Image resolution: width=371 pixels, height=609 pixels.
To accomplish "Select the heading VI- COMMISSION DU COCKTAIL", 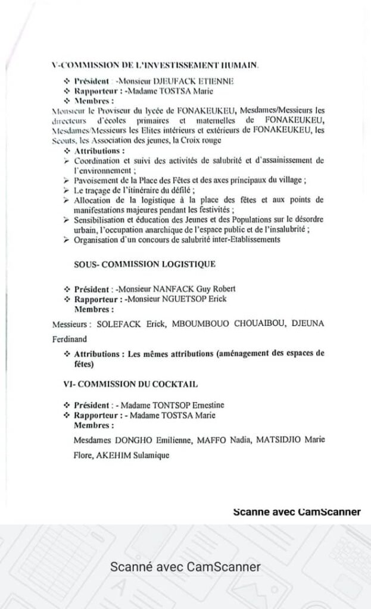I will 130,384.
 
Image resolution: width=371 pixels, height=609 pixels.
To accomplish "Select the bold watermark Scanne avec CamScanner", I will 297,511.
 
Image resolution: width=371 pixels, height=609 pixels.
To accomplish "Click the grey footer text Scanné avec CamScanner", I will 185,567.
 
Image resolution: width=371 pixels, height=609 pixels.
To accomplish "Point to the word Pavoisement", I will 95,180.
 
